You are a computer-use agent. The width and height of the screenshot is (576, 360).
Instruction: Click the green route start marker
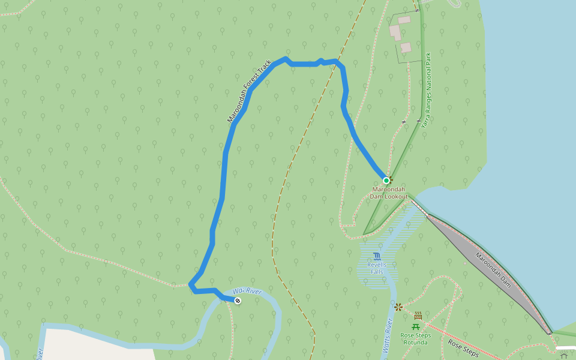tap(386, 180)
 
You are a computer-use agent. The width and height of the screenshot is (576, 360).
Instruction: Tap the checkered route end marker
tap(238, 300)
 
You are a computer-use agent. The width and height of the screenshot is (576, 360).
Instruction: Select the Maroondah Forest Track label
tap(249, 91)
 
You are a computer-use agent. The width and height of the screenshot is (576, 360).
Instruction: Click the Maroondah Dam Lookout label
tap(389, 193)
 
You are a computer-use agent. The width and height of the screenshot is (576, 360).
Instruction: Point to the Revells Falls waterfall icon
tap(377, 256)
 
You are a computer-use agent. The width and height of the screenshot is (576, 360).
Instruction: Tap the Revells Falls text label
tap(377, 268)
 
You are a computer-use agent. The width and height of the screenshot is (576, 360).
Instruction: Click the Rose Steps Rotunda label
tap(415, 339)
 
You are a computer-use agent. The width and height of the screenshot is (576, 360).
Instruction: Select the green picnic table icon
tap(415, 326)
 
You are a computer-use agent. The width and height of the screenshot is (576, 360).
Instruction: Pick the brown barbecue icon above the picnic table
tap(418, 316)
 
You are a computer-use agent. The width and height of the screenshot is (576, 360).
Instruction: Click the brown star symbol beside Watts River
tap(398, 307)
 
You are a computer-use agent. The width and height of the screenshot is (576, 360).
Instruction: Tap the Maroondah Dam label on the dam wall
tap(493, 269)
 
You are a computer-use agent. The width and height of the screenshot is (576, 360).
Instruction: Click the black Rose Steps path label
tap(463, 348)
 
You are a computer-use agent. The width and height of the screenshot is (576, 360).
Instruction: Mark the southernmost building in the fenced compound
tap(406, 47)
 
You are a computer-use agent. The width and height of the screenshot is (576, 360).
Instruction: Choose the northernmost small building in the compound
tap(404, 20)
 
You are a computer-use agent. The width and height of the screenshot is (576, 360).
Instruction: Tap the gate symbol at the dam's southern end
tap(549, 332)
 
